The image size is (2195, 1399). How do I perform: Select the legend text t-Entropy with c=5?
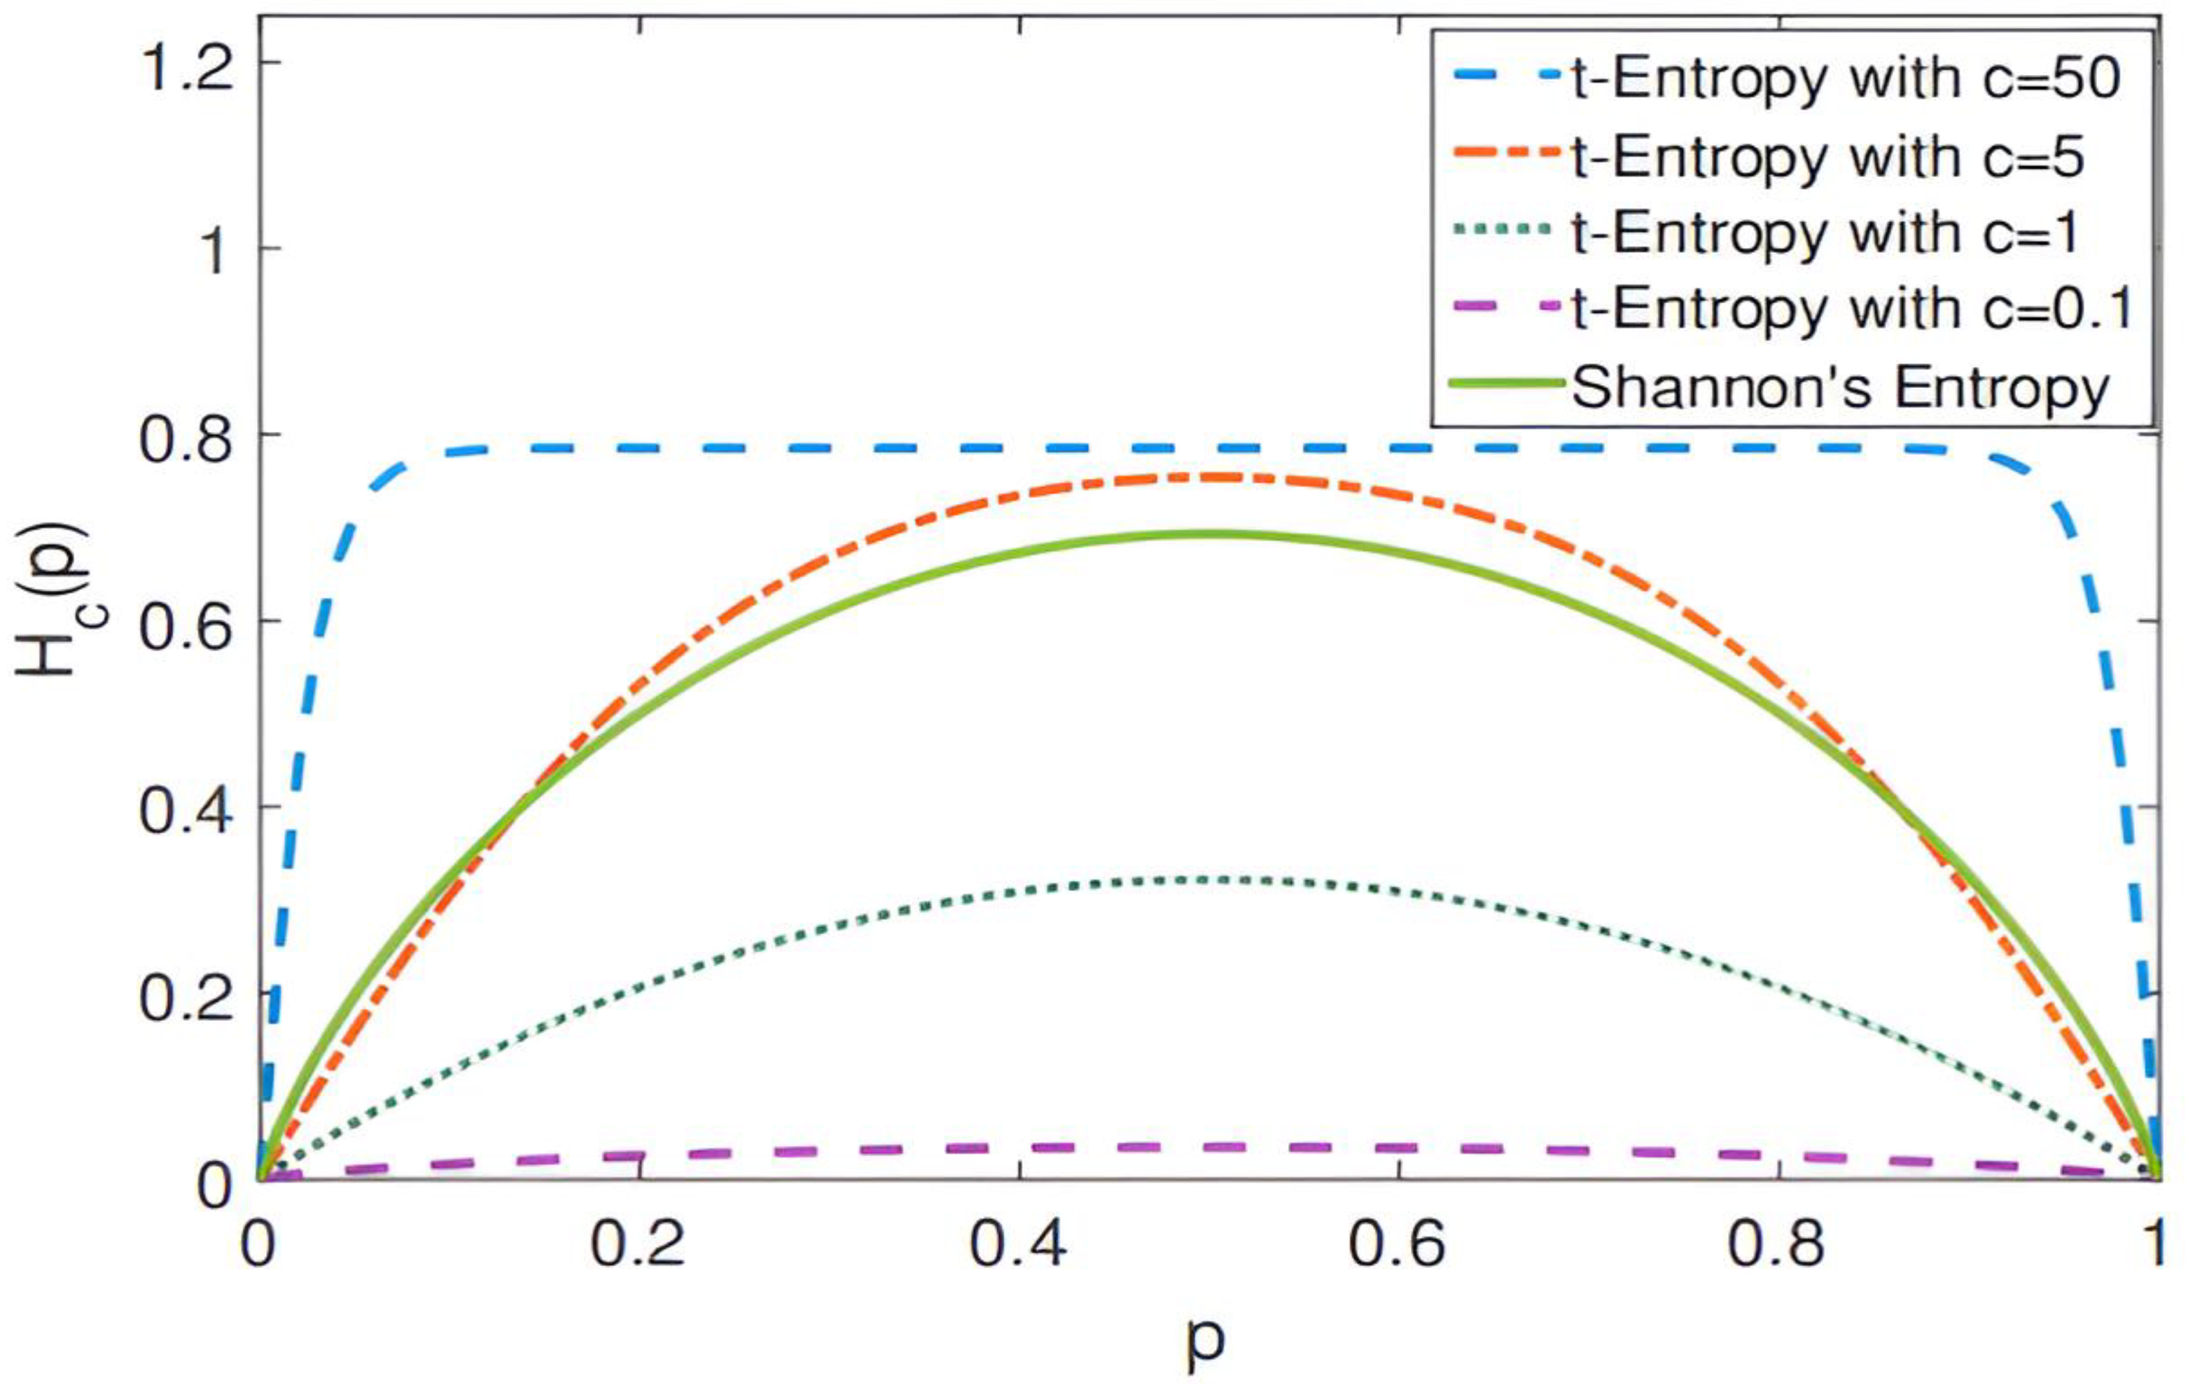pyautogui.click(x=1827, y=157)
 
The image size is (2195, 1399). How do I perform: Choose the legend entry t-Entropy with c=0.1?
pyautogui.click(x=1851, y=310)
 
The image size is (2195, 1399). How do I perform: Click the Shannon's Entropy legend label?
pyautogui.click(x=1841, y=387)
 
